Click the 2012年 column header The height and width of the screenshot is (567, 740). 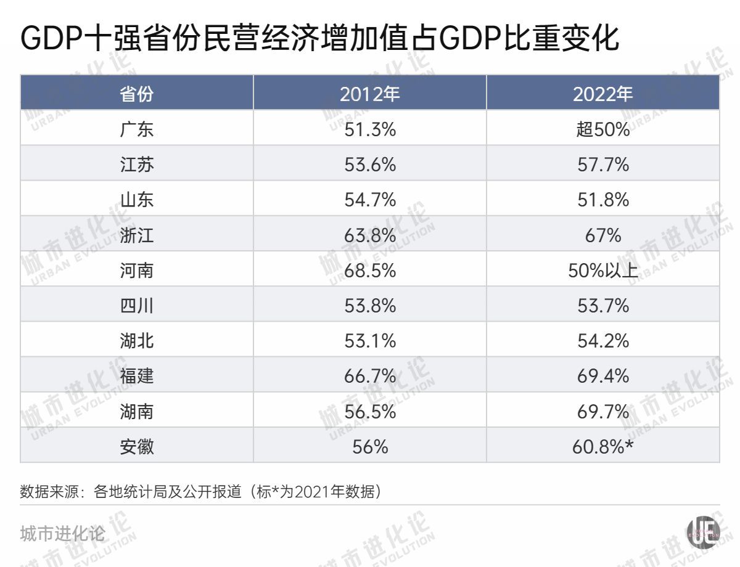point(369,94)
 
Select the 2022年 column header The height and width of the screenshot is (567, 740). point(602,94)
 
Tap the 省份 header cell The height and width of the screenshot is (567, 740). point(136,94)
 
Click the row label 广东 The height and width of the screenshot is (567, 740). point(136,129)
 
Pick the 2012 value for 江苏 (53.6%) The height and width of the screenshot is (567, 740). point(369,165)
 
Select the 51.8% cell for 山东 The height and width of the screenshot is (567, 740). point(602,200)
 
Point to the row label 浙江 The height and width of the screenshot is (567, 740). point(136,235)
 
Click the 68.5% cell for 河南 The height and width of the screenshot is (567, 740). point(369,270)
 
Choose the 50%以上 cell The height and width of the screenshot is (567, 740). point(602,270)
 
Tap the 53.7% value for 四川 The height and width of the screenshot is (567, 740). point(602,305)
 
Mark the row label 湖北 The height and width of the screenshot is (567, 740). point(136,340)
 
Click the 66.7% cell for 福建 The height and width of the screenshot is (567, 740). point(369,375)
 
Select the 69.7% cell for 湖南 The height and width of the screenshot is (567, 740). point(602,410)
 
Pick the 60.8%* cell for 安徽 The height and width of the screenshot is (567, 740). point(602,446)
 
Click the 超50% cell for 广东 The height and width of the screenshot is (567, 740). point(602,129)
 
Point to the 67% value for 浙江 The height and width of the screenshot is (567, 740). point(602,235)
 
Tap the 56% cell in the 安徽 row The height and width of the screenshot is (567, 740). point(369,446)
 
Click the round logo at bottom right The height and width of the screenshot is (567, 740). point(703,531)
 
